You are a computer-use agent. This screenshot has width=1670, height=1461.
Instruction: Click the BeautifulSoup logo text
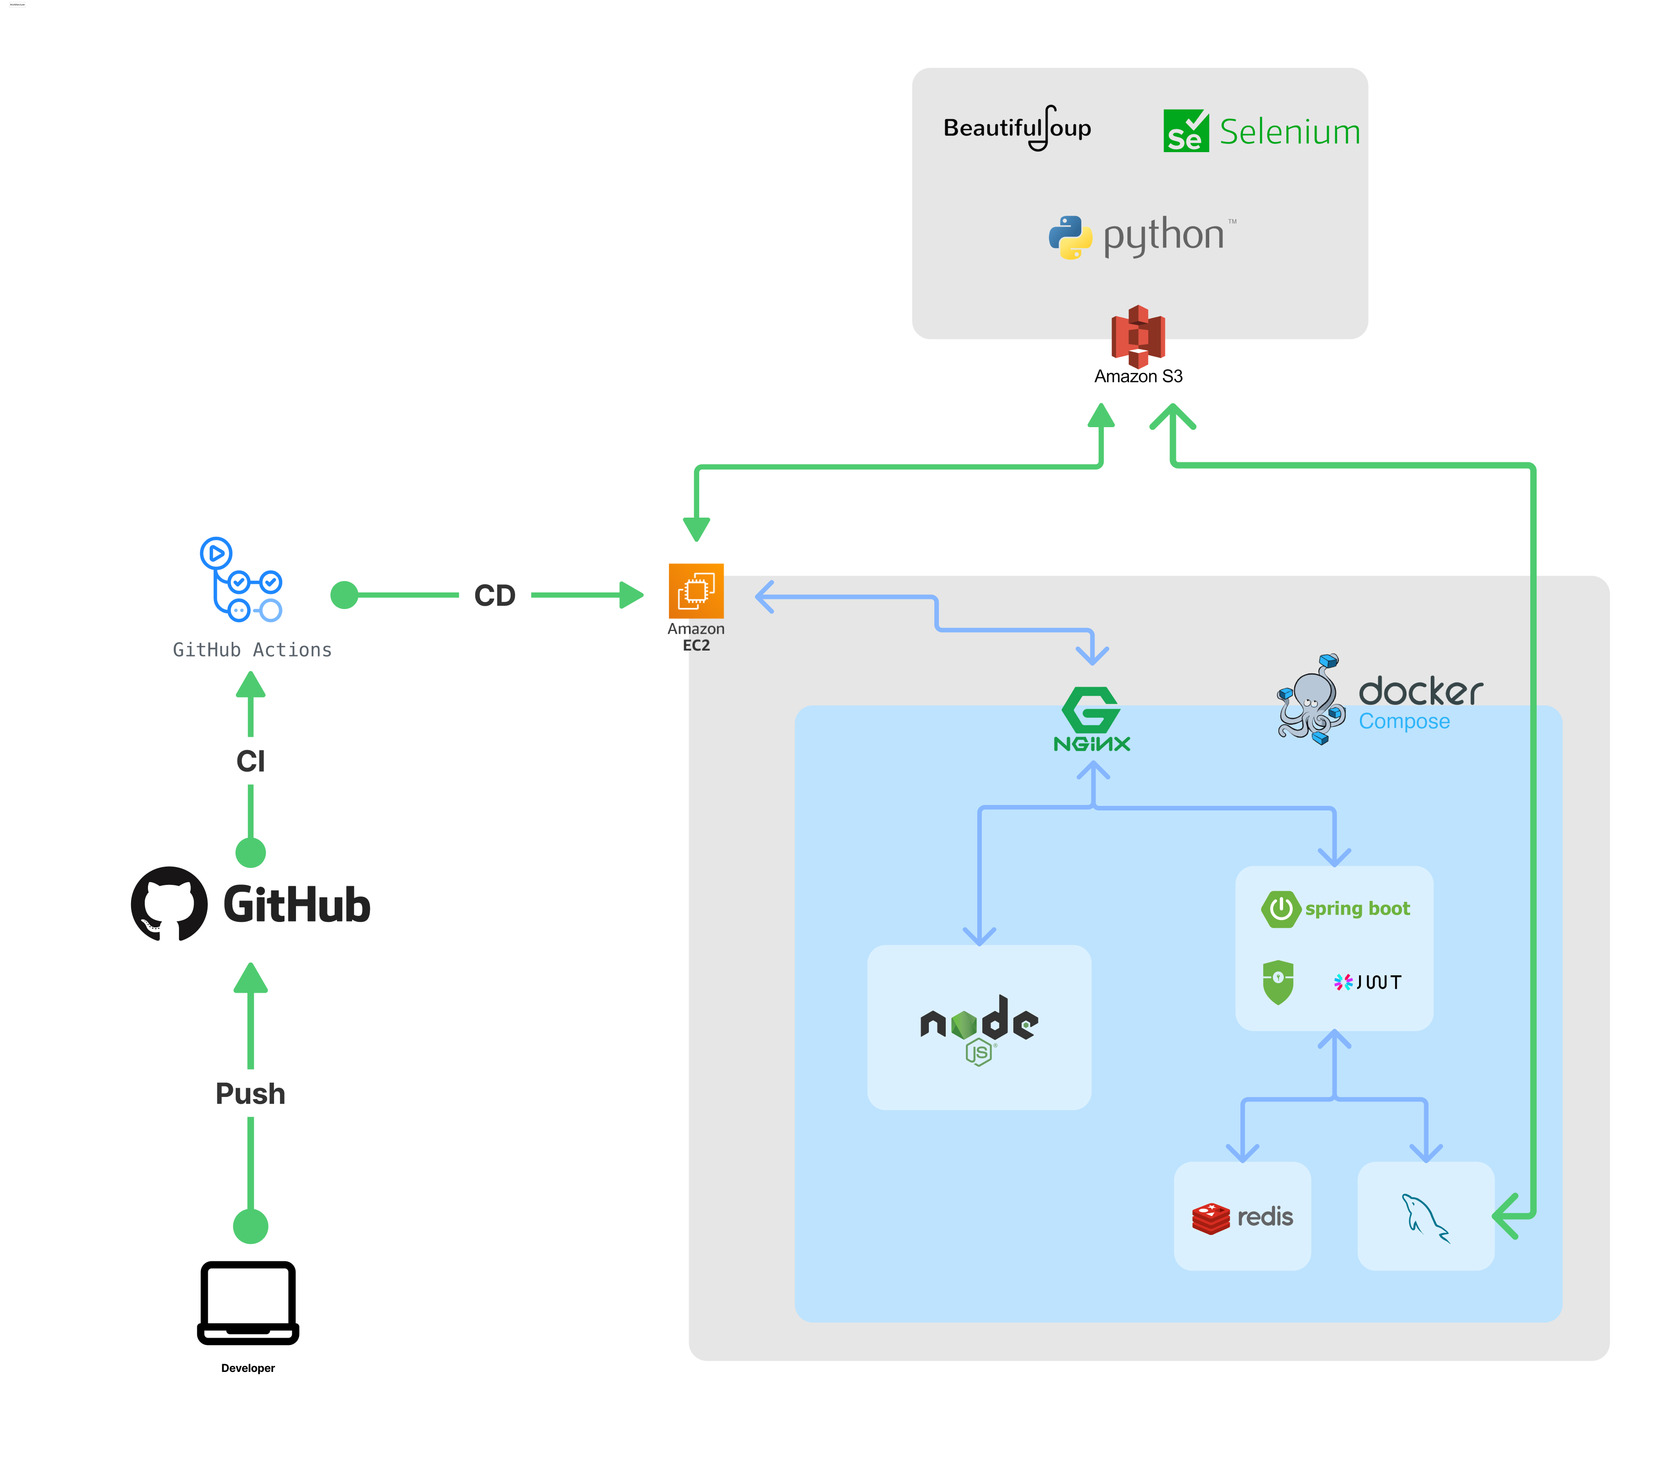(x=1017, y=128)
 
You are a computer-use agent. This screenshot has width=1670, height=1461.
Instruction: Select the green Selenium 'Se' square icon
(x=1185, y=131)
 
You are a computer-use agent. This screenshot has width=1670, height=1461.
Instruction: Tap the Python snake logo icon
(x=1069, y=237)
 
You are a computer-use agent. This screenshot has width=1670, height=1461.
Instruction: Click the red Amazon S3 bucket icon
(x=1138, y=336)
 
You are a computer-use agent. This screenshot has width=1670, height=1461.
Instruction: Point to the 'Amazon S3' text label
(x=1138, y=376)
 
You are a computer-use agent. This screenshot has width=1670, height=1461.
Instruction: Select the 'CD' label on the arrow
(x=494, y=595)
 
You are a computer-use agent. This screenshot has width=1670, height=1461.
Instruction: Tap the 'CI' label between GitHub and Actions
(x=250, y=761)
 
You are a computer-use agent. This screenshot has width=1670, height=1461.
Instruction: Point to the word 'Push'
(x=250, y=1093)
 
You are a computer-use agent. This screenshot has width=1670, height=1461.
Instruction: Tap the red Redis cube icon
(x=1210, y=1218)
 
